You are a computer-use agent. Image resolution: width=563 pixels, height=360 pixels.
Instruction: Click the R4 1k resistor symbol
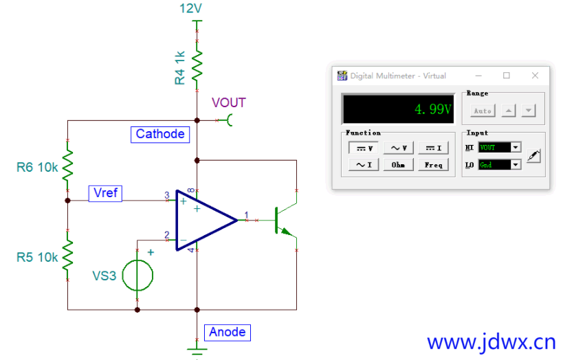point(197,66)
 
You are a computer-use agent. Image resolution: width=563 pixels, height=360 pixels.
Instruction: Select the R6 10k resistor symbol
point(67,165)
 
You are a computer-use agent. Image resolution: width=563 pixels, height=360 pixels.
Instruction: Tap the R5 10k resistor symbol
point(67,255)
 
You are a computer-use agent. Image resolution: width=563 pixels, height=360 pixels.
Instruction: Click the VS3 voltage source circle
point(137,275)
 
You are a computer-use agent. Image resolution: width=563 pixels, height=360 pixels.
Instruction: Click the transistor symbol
point(285,220)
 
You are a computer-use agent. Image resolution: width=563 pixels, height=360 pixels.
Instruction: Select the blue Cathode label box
point(160,134)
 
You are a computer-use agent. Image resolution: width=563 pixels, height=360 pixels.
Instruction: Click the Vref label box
point(105,193)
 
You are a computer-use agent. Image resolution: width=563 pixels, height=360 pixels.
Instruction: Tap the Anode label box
point(228,333)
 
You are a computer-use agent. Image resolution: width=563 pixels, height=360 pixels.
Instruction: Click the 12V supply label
point(190,8)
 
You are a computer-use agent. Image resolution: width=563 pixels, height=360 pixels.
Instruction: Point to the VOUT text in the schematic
point(229,102)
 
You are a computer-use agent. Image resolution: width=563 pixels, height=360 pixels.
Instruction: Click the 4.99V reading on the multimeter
point(432,109)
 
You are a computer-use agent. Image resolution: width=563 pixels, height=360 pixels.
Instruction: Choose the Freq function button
point(433,165)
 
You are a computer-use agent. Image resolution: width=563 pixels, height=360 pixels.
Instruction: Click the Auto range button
point(483,111)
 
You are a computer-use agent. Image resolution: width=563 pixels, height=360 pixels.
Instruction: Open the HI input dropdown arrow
point(516,147)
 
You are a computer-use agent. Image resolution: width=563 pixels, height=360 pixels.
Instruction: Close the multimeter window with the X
point(535,76)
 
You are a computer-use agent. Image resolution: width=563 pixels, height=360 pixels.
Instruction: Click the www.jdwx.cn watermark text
point(492,342)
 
